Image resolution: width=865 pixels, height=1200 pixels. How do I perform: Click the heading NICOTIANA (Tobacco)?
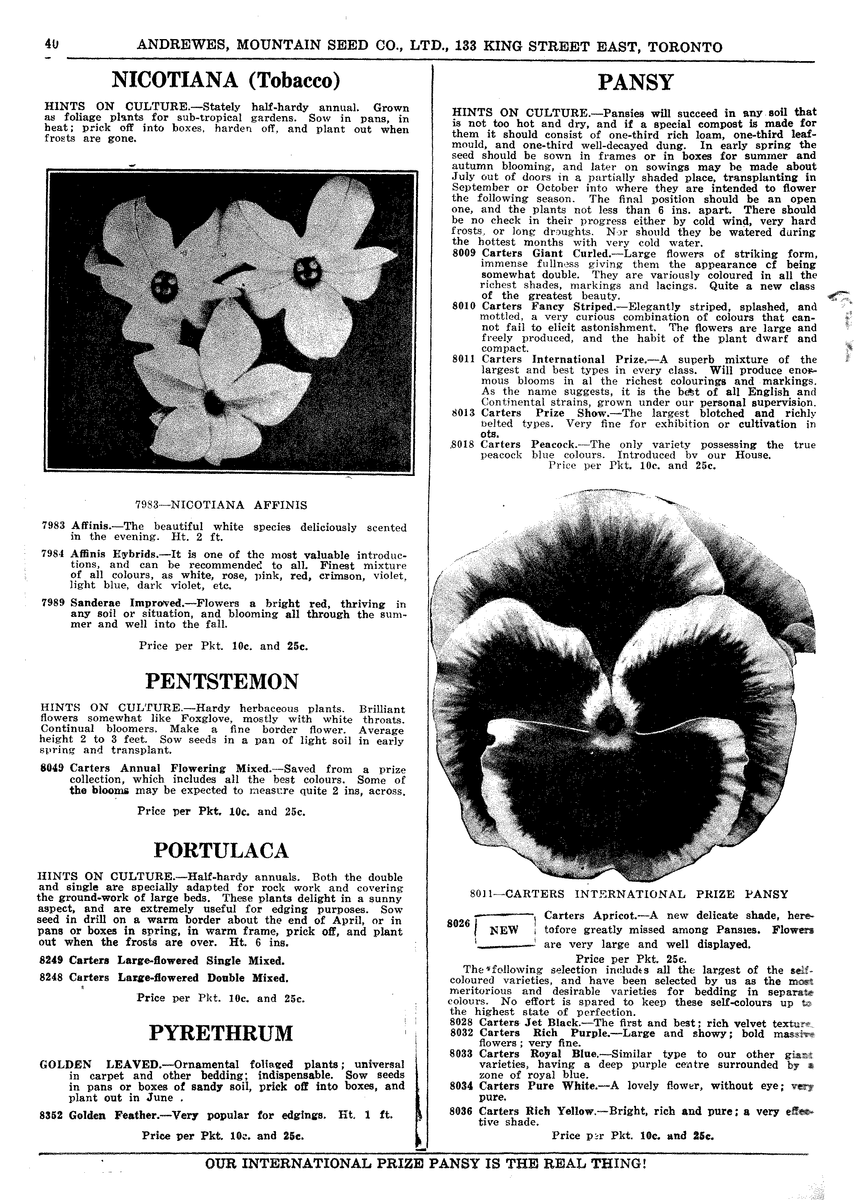[226, 81]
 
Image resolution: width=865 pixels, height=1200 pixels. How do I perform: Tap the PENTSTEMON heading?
[222, 681]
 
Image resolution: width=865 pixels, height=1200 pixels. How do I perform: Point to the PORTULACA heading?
[221, 851]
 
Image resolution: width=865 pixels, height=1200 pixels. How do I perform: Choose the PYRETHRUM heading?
[221, 1033]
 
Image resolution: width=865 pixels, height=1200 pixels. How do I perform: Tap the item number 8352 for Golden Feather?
[51, 1115]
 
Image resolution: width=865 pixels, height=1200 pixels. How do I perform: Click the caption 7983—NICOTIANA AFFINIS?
[221, 505]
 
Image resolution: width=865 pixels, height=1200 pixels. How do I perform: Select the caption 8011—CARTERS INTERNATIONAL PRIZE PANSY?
[629, 894]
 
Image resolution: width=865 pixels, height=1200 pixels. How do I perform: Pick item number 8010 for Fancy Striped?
[464, 307]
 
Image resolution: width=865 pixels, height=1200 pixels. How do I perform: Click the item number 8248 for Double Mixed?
[51, 978]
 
